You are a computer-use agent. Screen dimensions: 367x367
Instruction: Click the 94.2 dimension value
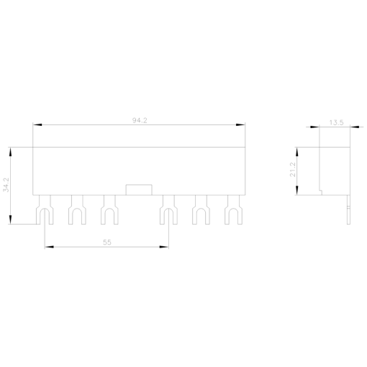[140, 120]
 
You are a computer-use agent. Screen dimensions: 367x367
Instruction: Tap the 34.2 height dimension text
[6, 185]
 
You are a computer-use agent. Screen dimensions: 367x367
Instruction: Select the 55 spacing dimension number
[107, 243]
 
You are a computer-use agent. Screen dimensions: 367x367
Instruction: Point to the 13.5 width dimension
[336, 122]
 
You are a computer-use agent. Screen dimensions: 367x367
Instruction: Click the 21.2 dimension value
[293, 170]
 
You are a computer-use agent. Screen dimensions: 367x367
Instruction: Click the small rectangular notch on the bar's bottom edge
[139, 190]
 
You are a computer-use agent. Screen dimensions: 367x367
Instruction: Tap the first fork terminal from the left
[45, 209]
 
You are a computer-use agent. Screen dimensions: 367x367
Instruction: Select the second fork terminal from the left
[77, 209]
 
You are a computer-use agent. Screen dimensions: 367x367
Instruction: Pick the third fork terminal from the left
[109, 209]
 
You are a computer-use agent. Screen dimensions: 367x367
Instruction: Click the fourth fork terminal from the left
[168, 209]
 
